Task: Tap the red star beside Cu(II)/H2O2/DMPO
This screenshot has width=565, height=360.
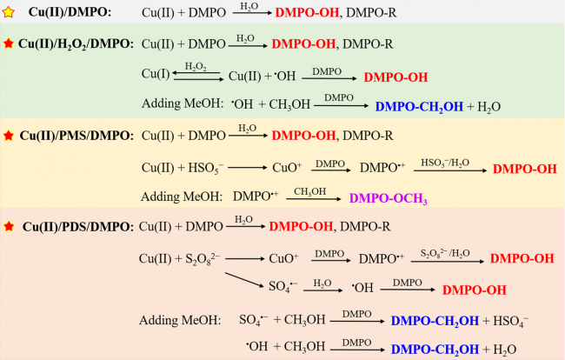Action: pyautogui.click(x=10, y=43)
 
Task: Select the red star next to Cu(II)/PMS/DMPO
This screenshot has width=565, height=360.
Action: pyautogui.click(x=10, y=135)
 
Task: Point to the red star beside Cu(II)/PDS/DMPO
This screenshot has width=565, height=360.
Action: pyautogui.click(x=10, y=227)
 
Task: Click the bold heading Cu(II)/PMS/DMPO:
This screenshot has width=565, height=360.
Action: pyautogui.click(x=76, y=135)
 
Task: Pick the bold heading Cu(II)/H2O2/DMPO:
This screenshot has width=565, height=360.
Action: pyautogui.click(x=76, y=43)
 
